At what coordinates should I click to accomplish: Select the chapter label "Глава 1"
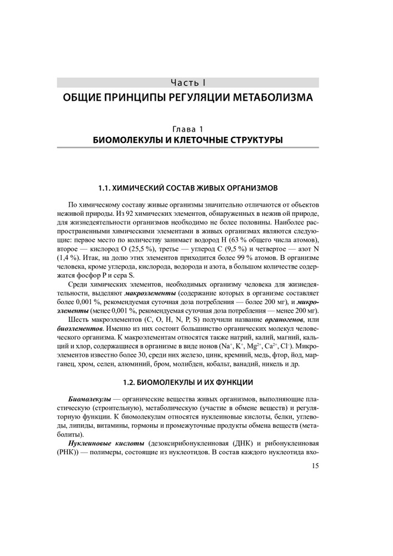coord(188,130)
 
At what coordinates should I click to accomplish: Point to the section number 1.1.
coord(106,187)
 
